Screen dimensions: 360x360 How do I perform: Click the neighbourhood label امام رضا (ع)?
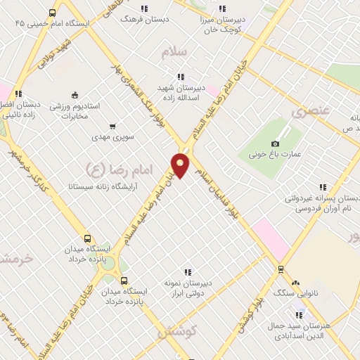tap(105, 169)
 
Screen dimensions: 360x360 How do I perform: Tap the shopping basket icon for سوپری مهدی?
tap(112, 127)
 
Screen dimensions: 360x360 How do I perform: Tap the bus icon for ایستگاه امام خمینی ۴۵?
tap(53, 13)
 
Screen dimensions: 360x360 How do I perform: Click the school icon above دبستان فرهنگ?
tap(144, 9)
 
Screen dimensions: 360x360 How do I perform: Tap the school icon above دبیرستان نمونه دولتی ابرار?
tap(188, 271)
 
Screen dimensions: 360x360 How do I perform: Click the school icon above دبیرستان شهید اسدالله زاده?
tap(181, 77)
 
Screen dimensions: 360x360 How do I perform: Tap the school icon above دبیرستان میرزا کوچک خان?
tap(222, 9)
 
